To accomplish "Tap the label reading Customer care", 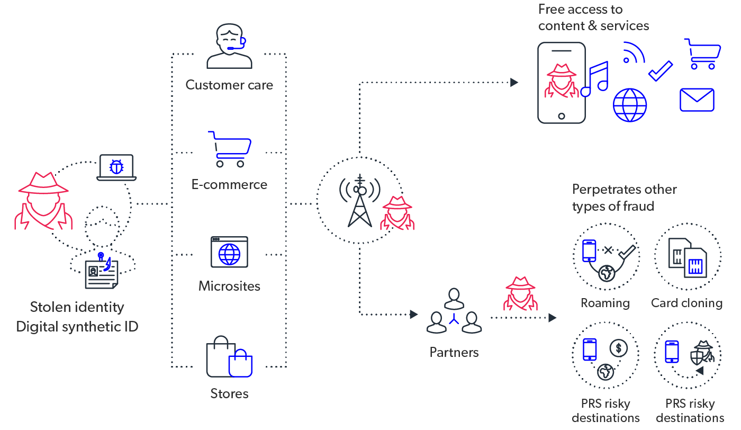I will point(229,85).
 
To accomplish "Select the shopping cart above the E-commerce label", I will point(230,149).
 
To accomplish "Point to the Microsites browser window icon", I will point(229,252).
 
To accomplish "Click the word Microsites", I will point(229,286).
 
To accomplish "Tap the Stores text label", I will point(229,393).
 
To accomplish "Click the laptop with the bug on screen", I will point(116,168).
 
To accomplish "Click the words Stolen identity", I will point(77,307).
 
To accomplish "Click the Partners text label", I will point(454,352).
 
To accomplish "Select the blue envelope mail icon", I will point(697,100).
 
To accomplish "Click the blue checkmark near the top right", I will point(660,71).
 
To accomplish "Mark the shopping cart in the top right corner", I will point(703,53).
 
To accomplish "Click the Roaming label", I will point(605,303).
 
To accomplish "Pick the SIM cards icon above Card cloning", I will point(687,257).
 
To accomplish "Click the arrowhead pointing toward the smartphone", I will point(513,82).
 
